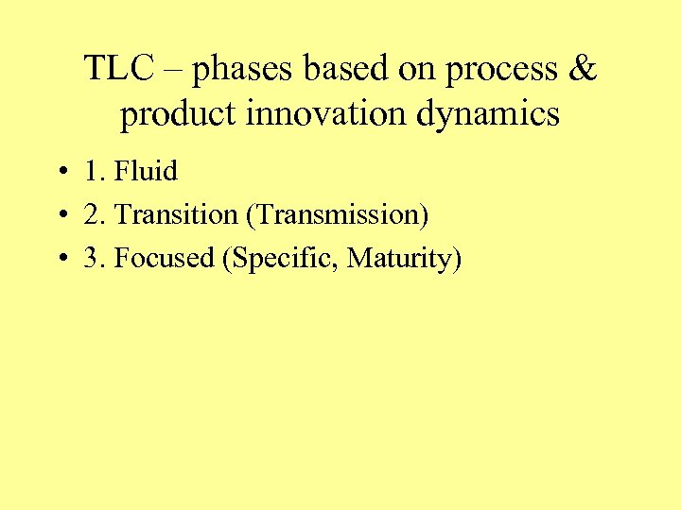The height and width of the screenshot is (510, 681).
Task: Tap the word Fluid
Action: [x=146, y=171]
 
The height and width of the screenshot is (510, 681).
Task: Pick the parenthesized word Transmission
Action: [x=338, y=216]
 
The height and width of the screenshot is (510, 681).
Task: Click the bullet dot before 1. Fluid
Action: [x=59, y=173]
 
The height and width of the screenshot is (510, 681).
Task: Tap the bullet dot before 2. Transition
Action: [x=59, y=216]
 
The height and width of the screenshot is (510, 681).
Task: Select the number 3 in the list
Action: [x=91, y=259]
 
